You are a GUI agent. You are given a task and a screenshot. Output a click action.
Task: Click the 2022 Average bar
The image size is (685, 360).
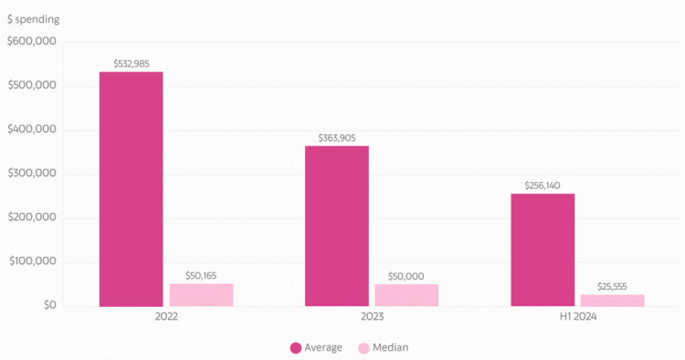[131, 189]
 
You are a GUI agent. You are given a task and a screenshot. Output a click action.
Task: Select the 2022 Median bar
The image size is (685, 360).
[202, 295]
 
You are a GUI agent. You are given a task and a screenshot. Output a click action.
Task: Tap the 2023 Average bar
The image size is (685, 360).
[337, 226]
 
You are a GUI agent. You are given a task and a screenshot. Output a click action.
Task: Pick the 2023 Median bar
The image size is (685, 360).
[406, 295]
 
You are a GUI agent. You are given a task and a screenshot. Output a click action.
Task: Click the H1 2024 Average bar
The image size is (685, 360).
[543, 250]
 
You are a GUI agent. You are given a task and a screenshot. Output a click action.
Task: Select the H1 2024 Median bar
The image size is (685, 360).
[613, 301]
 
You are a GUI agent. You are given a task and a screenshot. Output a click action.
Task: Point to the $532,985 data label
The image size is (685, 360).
[132, 64]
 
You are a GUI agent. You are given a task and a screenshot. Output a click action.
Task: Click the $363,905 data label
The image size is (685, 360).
[337, 138]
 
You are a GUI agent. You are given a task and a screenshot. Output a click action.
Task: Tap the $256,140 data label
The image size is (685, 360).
[543, 185]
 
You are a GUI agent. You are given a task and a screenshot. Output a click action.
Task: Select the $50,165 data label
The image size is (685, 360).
[201, 276]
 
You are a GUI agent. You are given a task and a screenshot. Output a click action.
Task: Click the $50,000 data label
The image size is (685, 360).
[406, 276]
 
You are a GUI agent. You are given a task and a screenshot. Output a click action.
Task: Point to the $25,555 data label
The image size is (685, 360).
[612, 287]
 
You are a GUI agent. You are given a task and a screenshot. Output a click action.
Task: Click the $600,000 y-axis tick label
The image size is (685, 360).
[32, 41]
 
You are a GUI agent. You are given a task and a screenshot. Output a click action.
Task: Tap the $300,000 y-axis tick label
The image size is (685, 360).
[32, 173]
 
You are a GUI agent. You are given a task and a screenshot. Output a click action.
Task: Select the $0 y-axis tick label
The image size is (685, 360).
[50, 305]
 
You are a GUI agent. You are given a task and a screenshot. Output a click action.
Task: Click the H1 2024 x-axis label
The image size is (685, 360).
[578, 317]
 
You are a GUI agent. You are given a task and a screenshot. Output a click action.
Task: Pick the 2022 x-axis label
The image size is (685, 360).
[166, 317]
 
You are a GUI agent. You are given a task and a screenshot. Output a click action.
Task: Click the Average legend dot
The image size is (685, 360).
[296, 348]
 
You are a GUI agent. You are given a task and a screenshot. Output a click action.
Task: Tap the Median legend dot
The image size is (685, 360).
[364, 348]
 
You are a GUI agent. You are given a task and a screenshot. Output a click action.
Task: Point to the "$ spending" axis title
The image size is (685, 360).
[33, 19]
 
